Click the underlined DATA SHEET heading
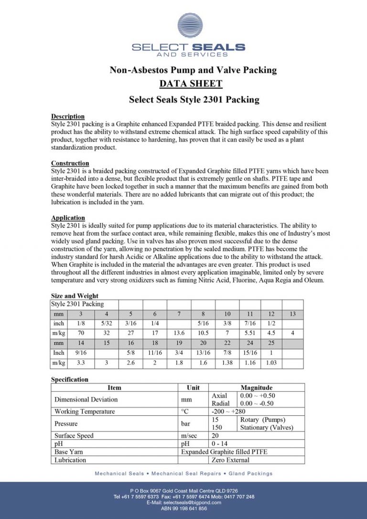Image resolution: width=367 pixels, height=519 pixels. tap(191, 84)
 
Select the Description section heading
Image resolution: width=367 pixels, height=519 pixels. tap(68, 116)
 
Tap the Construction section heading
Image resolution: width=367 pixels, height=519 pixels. tap(70, 163)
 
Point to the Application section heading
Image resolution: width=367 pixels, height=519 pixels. tap(68, 218)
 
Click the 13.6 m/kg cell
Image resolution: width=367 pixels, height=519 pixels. tap(179, 332)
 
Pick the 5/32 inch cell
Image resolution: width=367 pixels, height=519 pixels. tap(106, 323)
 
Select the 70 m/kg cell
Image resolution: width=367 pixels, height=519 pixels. tap(81, 332)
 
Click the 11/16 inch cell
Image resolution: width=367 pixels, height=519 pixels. tap(155, 353)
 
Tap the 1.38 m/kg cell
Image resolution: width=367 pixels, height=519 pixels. tap(227, 363)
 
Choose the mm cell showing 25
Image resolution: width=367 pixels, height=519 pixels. tap(270, 343)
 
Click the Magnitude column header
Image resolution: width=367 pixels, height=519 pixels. tap(256, 387)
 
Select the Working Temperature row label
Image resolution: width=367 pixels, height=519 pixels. tap(85, 411)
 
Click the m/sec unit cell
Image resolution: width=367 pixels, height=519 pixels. tap(189, 436)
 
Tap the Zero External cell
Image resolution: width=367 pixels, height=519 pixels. tap(230, 460)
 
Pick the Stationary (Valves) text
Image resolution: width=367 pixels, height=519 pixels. tap(267, 427)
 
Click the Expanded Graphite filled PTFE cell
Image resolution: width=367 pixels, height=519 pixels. tap(224, 452)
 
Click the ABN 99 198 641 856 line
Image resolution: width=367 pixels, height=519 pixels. tap(183, 509)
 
